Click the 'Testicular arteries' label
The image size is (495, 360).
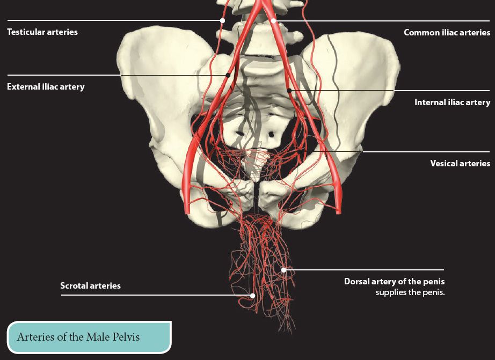coord(42,32)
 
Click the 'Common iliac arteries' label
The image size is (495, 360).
coord(447,33)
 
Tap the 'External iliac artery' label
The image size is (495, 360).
coord(46,87)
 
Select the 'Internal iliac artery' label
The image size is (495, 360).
coord(453,102)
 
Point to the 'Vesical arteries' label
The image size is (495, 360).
coord(460,163)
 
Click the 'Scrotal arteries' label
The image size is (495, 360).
coord(90,285)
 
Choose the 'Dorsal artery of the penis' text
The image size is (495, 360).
coord(394,282)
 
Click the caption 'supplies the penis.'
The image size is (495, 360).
coord(410,292)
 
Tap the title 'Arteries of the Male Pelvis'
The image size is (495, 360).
coord(78,336)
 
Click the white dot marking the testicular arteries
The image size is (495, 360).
coord(222,20)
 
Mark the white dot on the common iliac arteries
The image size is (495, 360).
coord(273,21)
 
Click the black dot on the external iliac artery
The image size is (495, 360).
coord(228,75)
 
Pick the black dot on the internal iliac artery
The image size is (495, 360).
coord(289,91)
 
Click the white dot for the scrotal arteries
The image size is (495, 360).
coord(252,296)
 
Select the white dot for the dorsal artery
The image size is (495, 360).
coord(284,270)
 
